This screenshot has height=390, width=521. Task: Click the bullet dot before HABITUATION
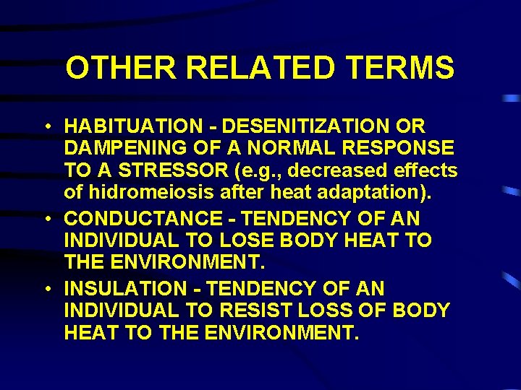click(46, 126)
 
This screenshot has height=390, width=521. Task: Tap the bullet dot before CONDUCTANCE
click(46, 218)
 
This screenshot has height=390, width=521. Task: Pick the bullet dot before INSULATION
click(46, 289)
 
